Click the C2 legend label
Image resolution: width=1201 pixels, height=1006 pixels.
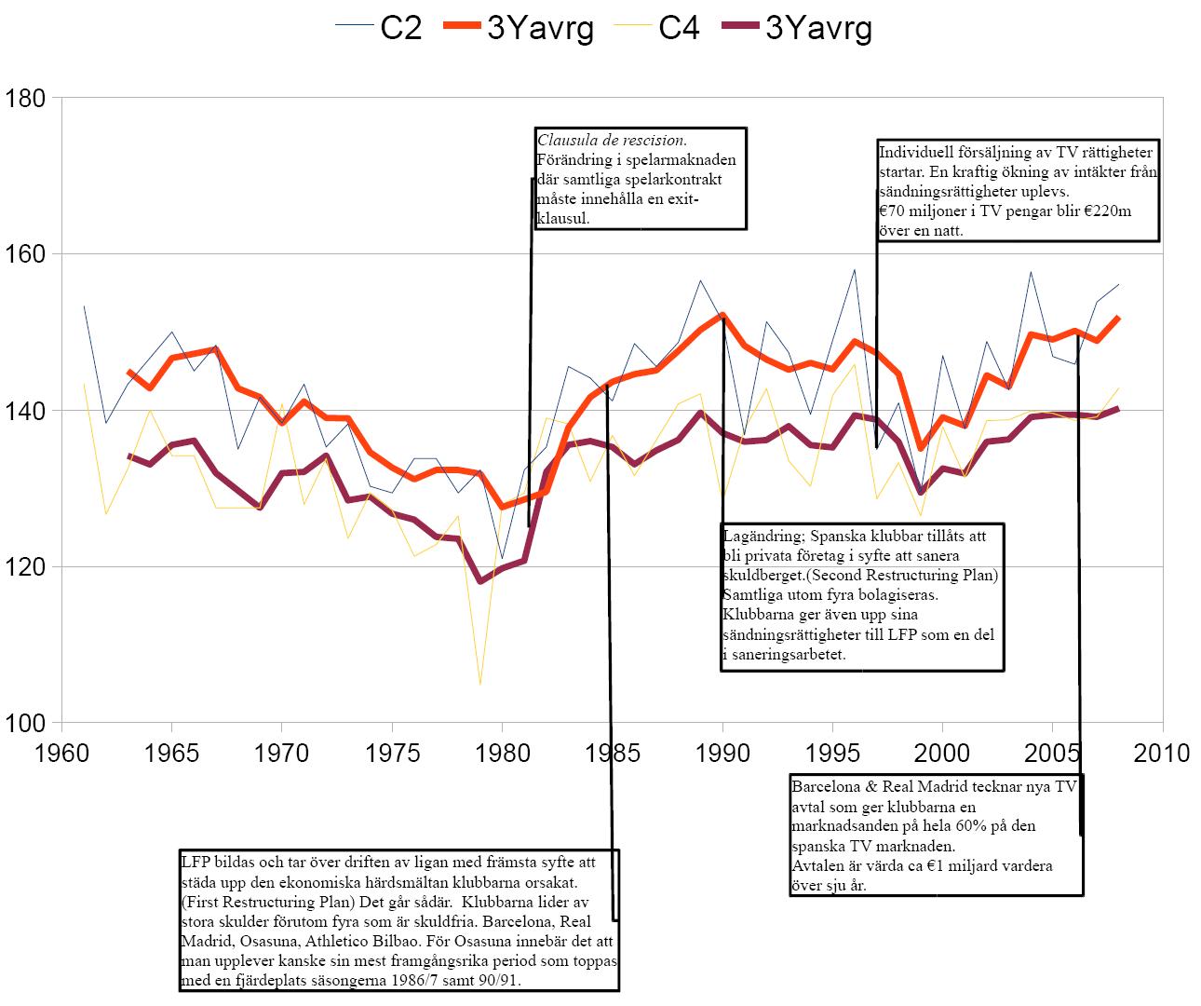point(401,28)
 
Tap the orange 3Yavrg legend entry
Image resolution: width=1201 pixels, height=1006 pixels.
point(540,28)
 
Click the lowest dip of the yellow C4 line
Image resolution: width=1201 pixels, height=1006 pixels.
point(480,685)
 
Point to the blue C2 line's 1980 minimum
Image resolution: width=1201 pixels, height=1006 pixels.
point(502,558)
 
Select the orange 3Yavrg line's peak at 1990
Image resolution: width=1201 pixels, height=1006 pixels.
point(722,315)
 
